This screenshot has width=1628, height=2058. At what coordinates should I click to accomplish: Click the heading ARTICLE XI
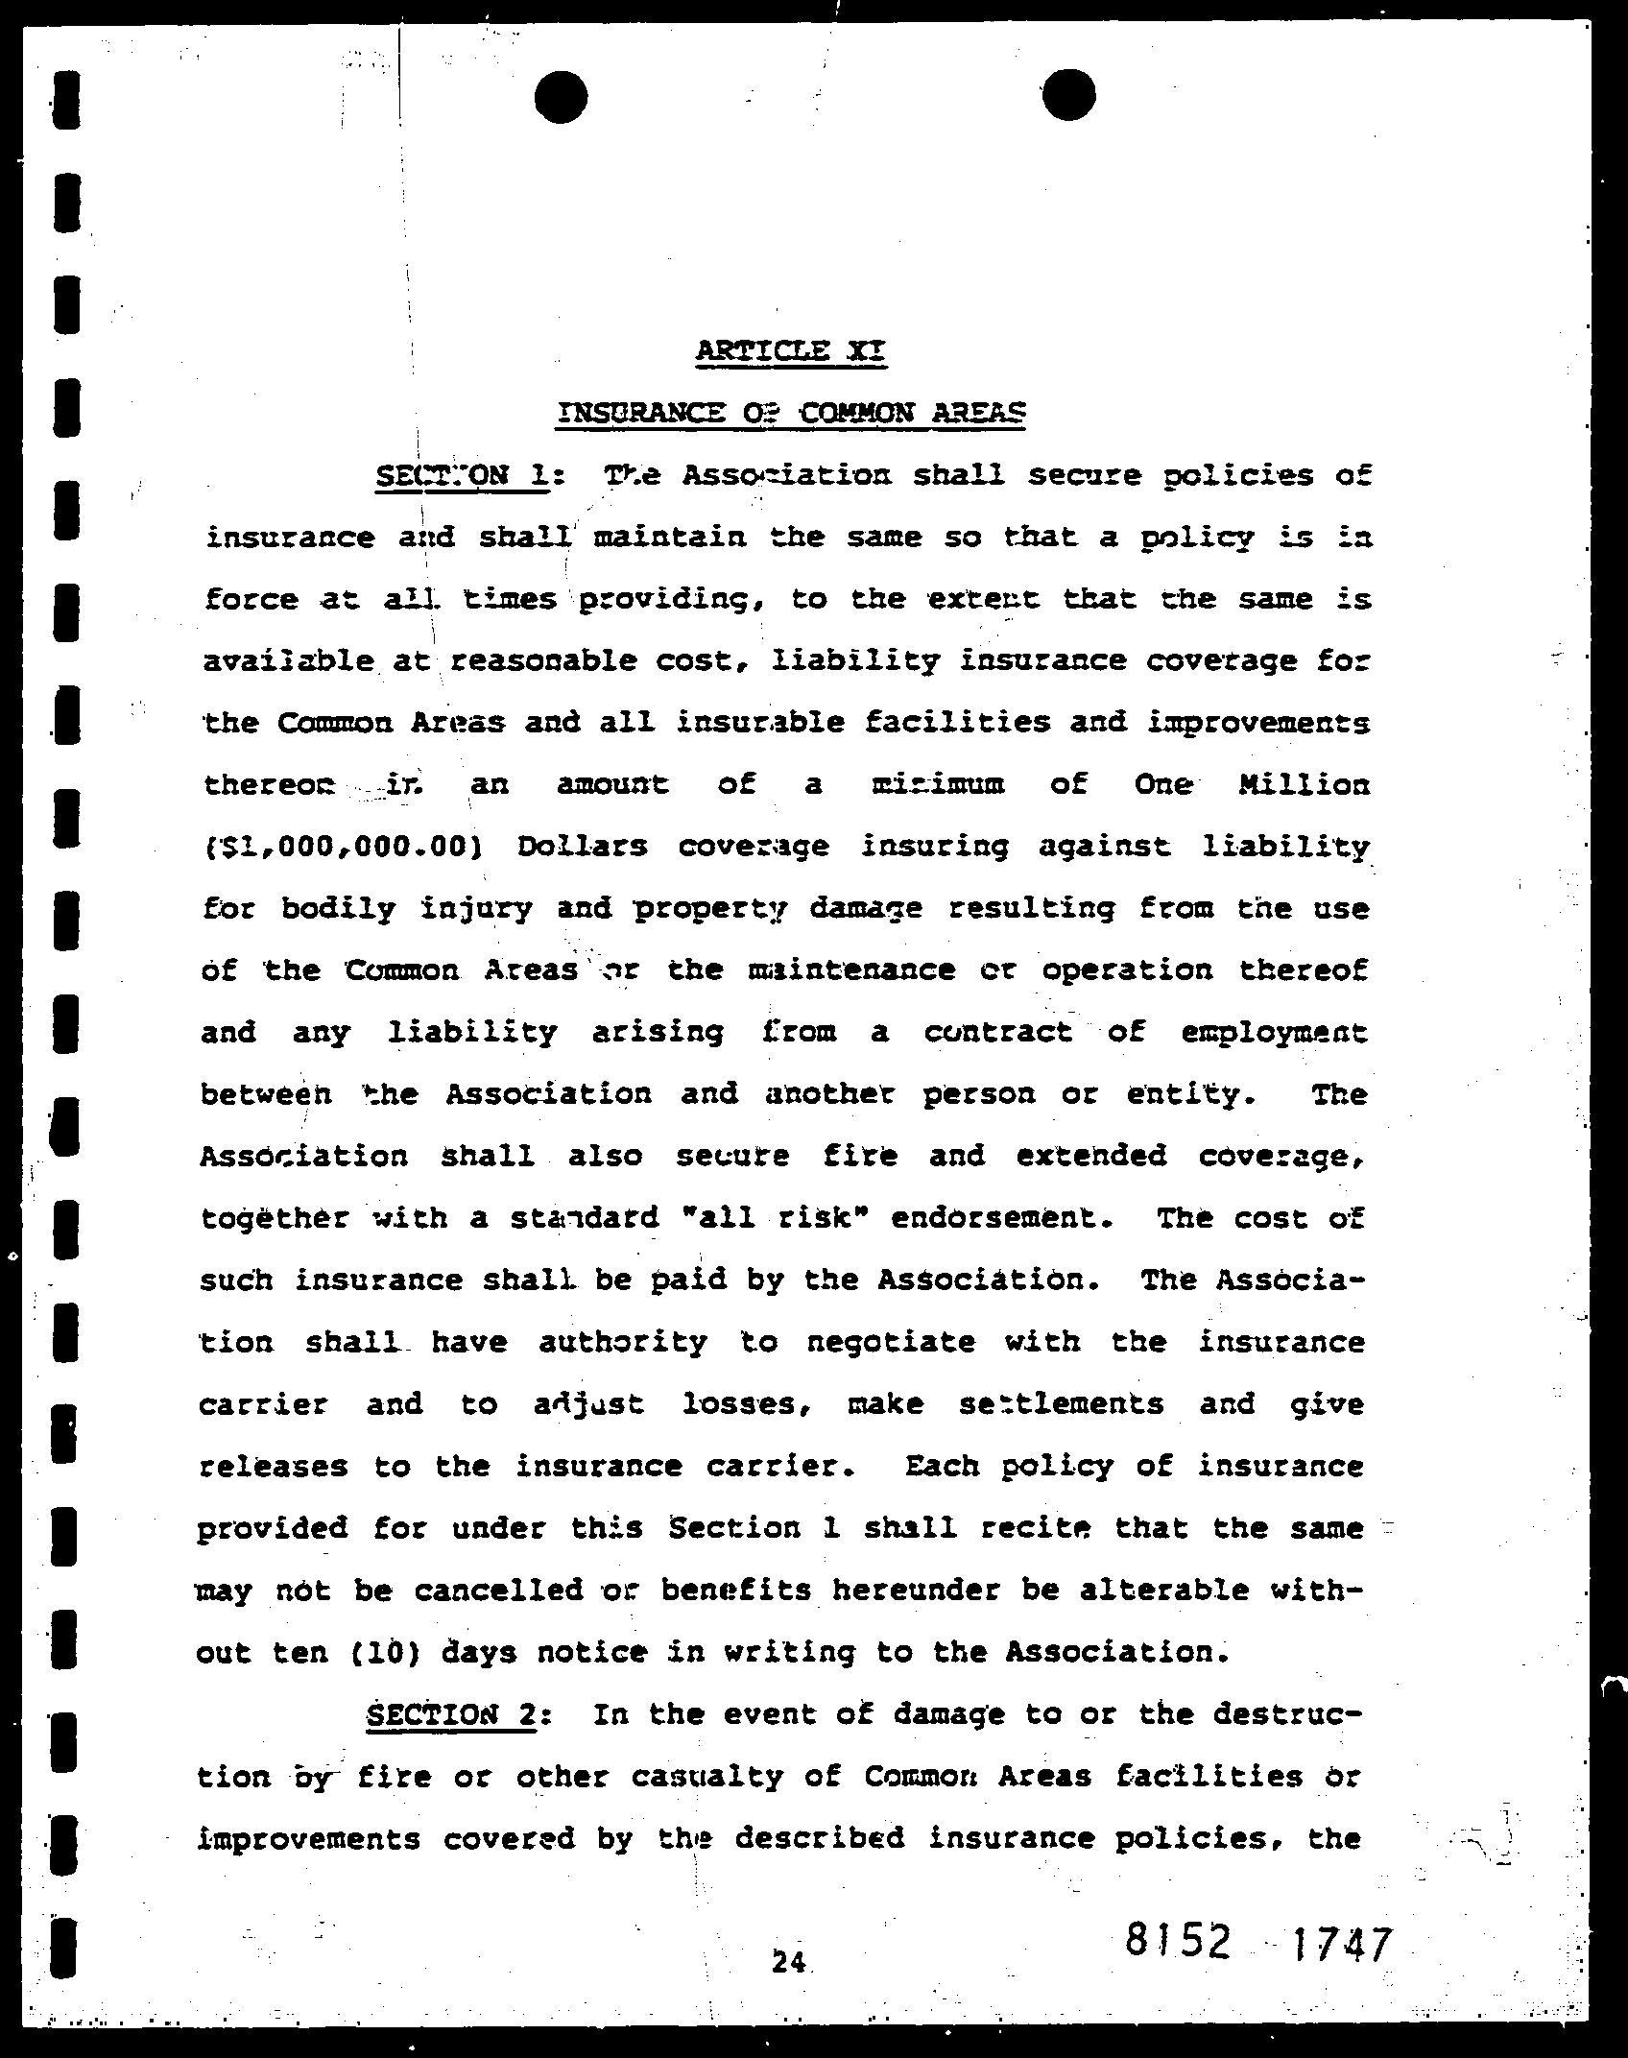(791, 350)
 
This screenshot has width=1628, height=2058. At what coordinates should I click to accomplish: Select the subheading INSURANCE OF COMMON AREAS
(791, 413)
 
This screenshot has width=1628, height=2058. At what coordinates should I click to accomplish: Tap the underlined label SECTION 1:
(463, 476)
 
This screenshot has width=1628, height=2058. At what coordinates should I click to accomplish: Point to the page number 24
(789, 1963)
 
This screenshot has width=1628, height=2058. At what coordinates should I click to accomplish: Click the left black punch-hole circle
(561, 97)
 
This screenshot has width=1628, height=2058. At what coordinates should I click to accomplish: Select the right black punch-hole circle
(1068, 95)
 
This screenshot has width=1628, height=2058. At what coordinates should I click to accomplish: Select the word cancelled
(498, 1591)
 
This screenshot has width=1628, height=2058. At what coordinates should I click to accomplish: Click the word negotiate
(890, 1342)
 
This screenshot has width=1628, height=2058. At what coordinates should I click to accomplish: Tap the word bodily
(338, 909)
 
